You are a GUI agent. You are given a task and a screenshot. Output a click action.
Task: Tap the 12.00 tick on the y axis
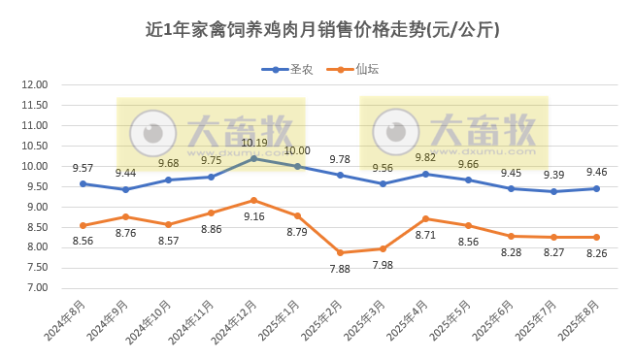click(35, 85)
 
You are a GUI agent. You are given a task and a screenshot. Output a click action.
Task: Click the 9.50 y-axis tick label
click(35, 186)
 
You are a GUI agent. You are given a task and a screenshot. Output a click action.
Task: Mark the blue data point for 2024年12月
click(254, 158)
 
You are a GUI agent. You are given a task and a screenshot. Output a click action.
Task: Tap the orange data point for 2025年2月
click(340, 252)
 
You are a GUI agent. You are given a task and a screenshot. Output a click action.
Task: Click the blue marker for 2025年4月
click(425, 174)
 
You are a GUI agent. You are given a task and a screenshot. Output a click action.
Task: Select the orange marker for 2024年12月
click(254, 200)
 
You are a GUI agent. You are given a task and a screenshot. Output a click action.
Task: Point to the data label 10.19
click(254, 143)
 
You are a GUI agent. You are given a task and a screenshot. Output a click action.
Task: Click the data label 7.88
click(340, 269)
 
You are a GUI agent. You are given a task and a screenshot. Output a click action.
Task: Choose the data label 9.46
click(596, 173)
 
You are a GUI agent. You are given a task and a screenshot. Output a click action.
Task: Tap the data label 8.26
click(596, 252)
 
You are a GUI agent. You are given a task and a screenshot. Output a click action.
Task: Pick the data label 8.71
click(425, 235)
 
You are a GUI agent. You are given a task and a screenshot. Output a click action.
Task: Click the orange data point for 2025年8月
click(596, 237)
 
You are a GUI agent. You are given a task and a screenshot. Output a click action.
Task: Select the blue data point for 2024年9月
click(126, 189)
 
